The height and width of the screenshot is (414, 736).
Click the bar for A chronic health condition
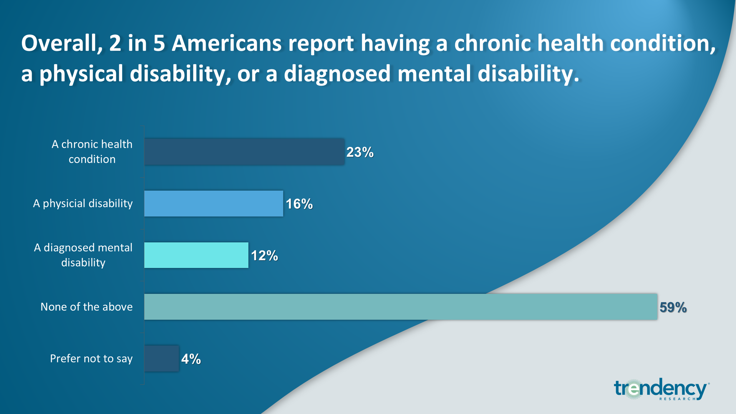244,152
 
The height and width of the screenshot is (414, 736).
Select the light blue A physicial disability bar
214,203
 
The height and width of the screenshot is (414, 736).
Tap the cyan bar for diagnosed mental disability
196,255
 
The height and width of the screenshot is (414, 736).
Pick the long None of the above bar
400,307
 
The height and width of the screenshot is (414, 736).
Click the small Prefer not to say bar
162,358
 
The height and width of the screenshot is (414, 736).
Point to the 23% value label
360,152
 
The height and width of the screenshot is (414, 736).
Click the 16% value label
299,204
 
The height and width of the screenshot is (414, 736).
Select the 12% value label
264,256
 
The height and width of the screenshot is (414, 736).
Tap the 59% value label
673,307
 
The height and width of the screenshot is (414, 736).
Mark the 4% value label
191,359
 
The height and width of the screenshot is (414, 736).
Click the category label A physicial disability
83,203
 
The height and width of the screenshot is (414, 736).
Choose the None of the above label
87,307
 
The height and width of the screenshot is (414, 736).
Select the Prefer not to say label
91,359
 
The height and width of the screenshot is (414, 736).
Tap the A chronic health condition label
92,152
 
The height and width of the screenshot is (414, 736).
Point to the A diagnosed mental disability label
83,255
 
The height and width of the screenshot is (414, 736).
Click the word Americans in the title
227,43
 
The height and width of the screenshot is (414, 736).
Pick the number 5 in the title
159,43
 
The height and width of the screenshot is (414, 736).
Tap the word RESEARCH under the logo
677,399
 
